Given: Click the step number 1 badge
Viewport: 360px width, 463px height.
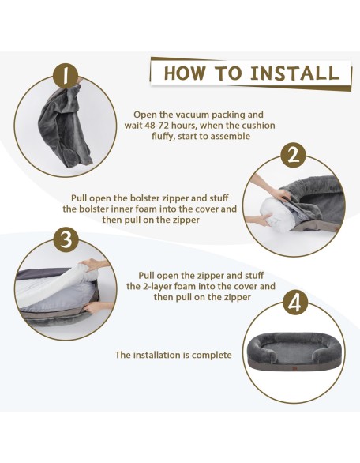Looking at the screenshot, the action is tap(66, 75).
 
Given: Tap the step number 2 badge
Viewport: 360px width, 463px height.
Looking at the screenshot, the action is tap(293, 156).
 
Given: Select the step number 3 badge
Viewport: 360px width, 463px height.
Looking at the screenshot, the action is tap(66, 239).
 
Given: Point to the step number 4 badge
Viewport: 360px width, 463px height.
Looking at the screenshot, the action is tap(294, 303).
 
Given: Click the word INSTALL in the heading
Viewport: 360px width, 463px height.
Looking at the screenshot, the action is tap(294, 73).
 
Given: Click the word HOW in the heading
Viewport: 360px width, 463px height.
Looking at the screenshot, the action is tap(185, 73).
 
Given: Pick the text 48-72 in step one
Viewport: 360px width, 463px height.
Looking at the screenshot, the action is tap(155, 125).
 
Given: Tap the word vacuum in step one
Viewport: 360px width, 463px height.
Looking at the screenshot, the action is tap(190, 115).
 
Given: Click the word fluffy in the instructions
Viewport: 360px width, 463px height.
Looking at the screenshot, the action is tap(163, 137).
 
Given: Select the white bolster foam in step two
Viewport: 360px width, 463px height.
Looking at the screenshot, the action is tap(273, 213).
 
